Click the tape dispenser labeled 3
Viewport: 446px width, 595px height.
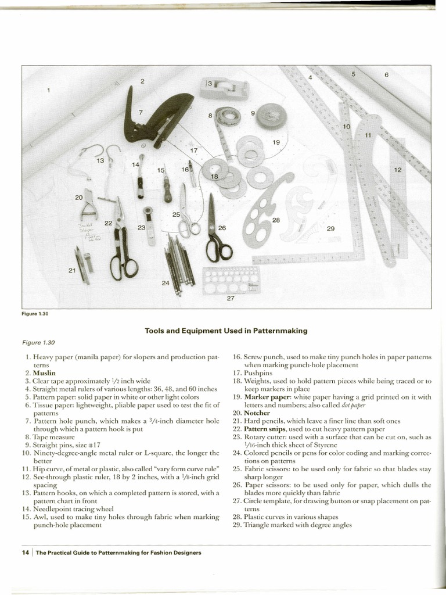224,88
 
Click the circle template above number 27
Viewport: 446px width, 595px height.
231,280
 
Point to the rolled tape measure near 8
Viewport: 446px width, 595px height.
228,116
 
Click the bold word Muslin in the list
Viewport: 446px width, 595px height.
44,372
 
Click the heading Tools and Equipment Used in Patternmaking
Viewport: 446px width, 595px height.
226,331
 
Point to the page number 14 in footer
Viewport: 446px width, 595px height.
26,553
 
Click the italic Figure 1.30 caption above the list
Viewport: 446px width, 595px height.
38,343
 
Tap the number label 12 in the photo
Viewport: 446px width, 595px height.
398,170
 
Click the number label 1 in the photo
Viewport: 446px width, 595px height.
49,90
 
